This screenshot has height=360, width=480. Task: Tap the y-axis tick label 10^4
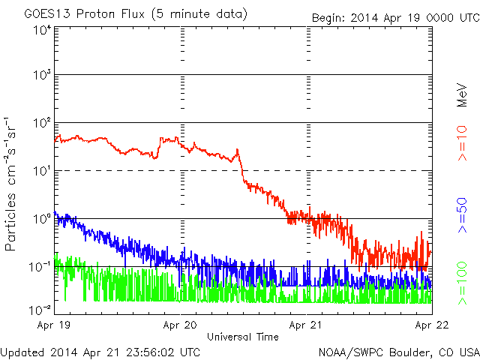(x=42, y=30)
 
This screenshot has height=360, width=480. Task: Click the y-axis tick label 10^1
(x=42, y=172)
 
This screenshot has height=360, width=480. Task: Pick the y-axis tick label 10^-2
(x=40, y=310)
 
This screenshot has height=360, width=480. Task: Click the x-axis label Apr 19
(x=55, y=326)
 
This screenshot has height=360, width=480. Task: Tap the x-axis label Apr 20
(x=180, y=326)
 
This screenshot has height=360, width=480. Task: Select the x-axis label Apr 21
(x=306, y=326)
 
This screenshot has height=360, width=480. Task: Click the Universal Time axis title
(x=243, y=337)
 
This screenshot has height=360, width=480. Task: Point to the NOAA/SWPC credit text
(x=398, y=351)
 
